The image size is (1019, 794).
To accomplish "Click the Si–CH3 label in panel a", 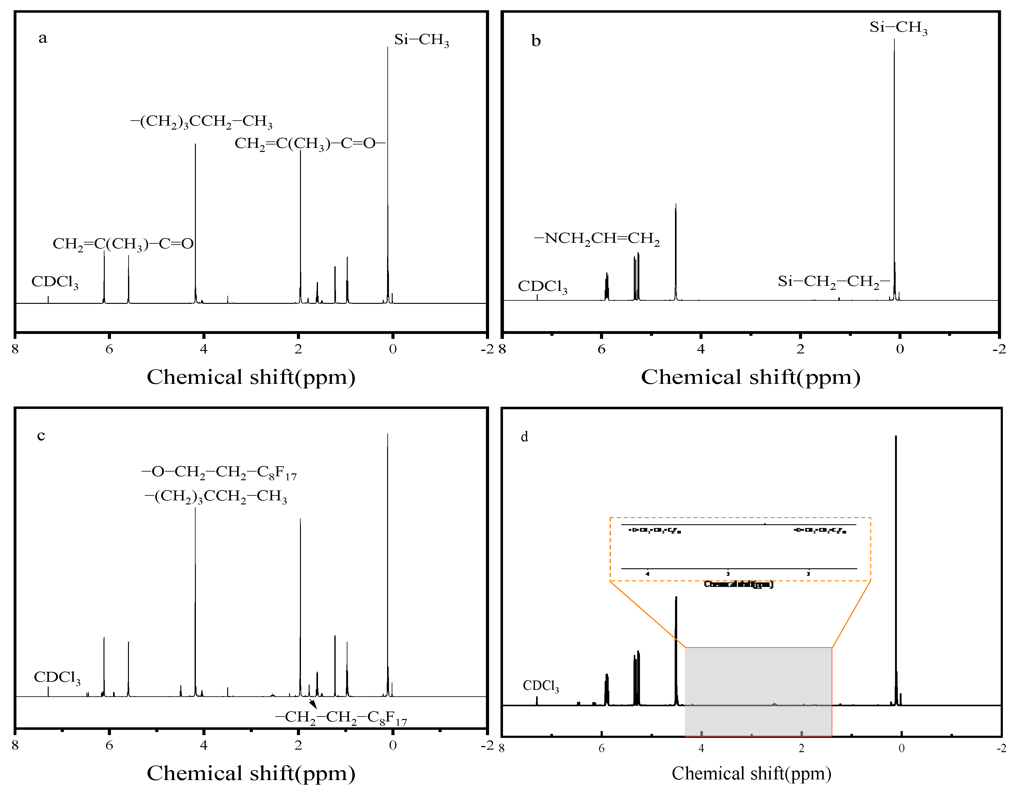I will [x=421, y=40].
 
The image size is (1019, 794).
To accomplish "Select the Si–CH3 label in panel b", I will [x=898, y=28].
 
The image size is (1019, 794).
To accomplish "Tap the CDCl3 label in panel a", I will [x=55, y=282].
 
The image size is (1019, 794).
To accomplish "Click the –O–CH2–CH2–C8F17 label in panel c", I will [x=219, y=472].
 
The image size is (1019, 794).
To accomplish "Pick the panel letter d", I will [x=524, y=437].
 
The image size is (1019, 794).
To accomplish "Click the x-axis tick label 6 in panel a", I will [x=109, y=349].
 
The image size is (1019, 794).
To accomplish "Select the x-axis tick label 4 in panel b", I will [x=701, y=349].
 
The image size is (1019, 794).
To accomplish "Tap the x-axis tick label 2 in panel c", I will [x=298, y=745].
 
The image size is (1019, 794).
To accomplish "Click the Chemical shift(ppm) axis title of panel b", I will [x=750, y=377].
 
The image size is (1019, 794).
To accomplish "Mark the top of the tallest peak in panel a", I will [x=388, y=48].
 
